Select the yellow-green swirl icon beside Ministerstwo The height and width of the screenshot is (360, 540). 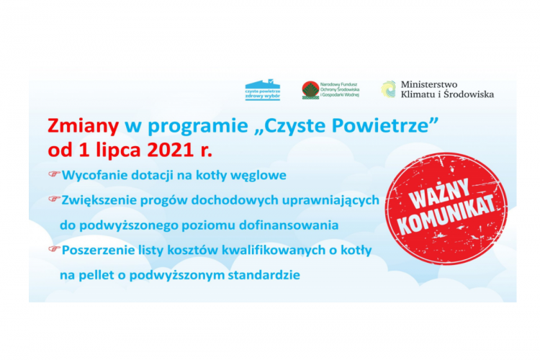pyautogui.click(x=388, y=89)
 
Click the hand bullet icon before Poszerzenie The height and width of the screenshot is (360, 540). pyautogui.click(x=53, y=249)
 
